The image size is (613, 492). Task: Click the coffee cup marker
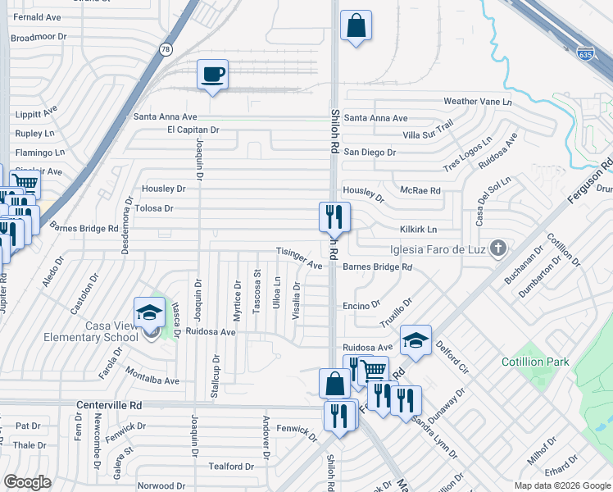[x=212, y=75]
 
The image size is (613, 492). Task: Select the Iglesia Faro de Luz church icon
[x=497, y=248]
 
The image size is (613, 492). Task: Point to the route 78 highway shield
[x=166, y=50]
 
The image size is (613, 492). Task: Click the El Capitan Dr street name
[x=193, y=130]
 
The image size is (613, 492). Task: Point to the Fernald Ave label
[x=38, y=16]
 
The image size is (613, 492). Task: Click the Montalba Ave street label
[x=152, y=380]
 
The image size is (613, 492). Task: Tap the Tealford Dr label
[x=230, y=467]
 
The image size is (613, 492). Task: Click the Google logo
[x=27, y=481]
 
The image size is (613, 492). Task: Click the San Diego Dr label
[x=370, y=153]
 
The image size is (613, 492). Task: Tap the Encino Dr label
[x=361, y=303]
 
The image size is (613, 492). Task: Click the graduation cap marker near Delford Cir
[x=415, y=340]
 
